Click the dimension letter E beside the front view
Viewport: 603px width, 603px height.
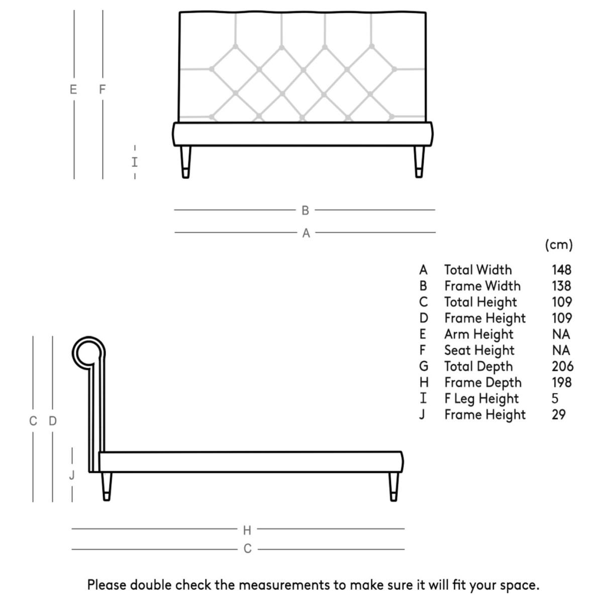[x=73, y=90]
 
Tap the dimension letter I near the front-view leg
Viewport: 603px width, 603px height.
[x=135, y=162]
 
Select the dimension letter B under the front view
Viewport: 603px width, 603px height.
[x=305, y=211]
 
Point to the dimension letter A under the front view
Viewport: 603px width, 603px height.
[x=306, y=233]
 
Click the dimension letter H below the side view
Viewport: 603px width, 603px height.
[x=247, y=530]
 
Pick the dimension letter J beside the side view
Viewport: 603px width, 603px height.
[x=72, y=475]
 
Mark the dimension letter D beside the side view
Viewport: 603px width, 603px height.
[x=53, y=421]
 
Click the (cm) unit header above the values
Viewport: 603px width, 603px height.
[x=559, y=245]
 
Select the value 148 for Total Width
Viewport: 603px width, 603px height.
[x=561, y=270]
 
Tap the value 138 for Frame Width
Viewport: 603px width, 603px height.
[x=561, y=286]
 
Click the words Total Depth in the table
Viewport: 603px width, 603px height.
[x=478, y=366]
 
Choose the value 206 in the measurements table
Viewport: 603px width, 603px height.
[x=562, y=366]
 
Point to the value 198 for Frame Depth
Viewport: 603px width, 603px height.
[x=561, y=382]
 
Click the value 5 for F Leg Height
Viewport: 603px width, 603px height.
[x=555, y=398]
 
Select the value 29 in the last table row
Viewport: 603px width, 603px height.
[x=558, y=415]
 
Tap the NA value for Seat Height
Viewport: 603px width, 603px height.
[x=561, y=350]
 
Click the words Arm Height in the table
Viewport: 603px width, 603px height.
[x=478, y=334]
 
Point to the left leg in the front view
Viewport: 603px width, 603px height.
[x=186, y=161]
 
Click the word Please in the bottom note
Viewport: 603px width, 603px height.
[x=107, y=585]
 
